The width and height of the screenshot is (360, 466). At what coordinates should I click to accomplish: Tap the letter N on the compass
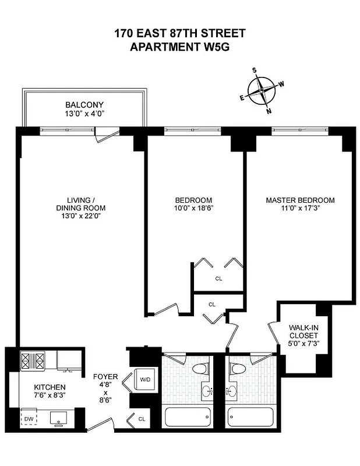click(269, 111)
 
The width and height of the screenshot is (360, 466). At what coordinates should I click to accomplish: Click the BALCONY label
click(84, 105)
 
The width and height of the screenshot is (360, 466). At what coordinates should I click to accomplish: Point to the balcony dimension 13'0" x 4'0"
click(84, 115)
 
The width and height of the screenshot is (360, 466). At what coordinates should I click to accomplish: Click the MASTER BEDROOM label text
click(300, 200)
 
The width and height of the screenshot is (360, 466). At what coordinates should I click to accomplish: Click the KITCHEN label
click(49, 387)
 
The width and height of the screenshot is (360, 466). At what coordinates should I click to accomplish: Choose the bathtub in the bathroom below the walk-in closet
click(250, 418)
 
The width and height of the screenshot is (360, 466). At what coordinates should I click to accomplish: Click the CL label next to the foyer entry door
click(142, 418)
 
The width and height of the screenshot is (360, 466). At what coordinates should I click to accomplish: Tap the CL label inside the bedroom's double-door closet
click(218, 278)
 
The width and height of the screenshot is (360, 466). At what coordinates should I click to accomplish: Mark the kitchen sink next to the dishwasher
click(58, 417)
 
